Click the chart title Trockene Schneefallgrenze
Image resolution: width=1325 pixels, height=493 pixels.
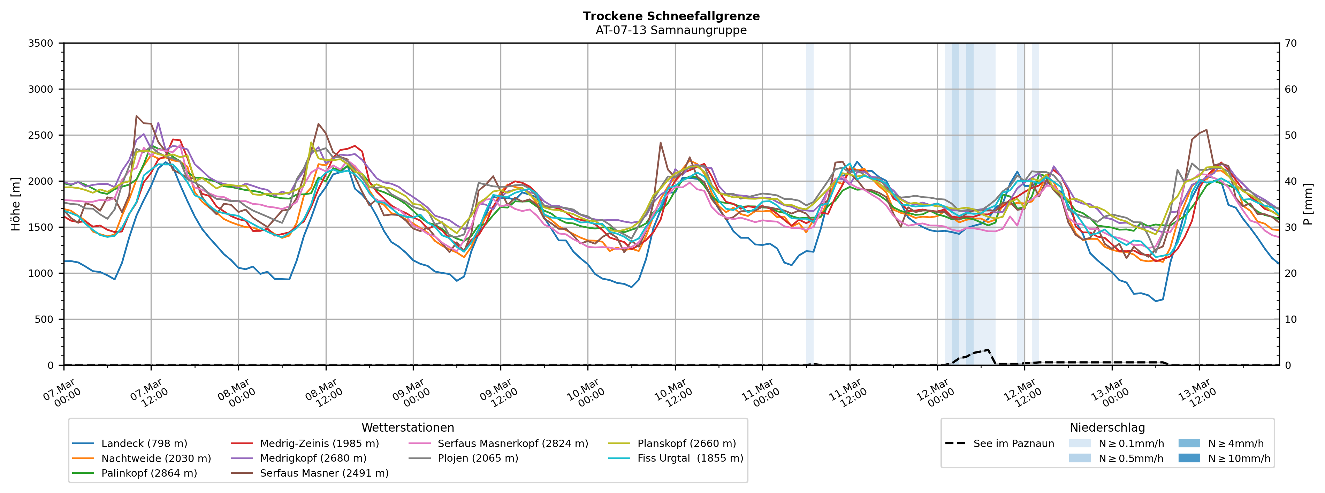coord(671,16)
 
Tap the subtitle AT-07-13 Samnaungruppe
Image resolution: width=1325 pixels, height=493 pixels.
coord(671,30)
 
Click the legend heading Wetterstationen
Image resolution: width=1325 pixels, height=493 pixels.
coord(408,428)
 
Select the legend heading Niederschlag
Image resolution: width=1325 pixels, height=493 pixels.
coord(1107,428)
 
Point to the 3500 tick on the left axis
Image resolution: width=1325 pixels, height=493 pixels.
coord(41,43)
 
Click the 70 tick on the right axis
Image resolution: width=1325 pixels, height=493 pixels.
coord(1290,43)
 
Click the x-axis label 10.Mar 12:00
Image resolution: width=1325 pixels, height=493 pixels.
coord(671,393)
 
